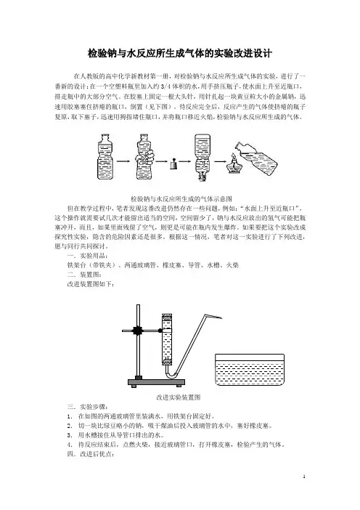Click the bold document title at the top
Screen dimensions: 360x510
180,53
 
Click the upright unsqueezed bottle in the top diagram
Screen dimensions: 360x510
105,157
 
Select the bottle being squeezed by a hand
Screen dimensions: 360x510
144,157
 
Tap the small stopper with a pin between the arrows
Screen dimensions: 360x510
173,164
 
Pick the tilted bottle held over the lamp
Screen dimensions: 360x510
257,158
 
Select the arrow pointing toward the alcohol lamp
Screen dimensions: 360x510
220,161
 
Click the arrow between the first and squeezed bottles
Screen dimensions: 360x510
123,161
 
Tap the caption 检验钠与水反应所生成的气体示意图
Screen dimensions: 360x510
181,199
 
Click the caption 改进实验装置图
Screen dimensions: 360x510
179,397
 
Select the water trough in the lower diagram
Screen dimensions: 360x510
250,370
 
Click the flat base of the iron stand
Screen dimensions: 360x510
156,382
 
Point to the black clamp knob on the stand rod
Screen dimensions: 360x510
138,331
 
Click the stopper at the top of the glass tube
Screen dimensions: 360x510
167,316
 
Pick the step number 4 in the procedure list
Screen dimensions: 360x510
69,445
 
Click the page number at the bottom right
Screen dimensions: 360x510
304,477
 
